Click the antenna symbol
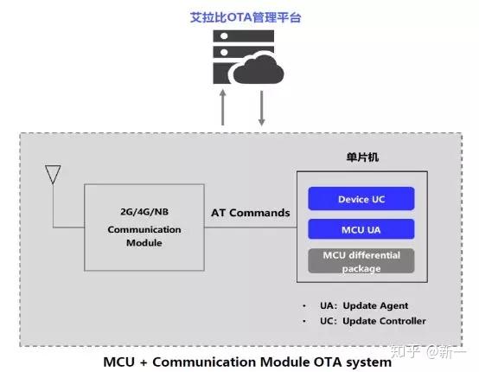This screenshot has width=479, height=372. (x=53, y=175)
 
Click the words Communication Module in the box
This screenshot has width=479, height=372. (x=144, y=236)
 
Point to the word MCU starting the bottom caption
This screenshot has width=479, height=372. (x=121, y=362)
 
